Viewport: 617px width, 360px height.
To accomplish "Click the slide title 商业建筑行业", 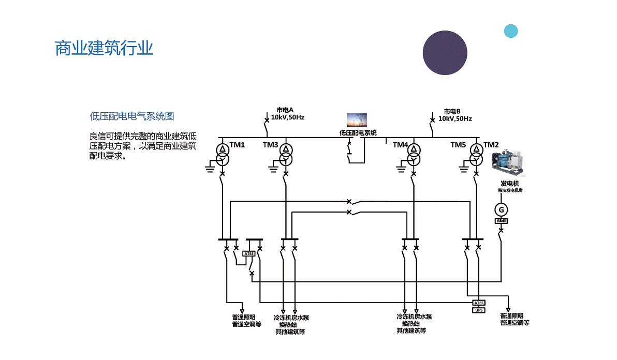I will point(105,48).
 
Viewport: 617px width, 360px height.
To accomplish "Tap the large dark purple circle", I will point(445,53).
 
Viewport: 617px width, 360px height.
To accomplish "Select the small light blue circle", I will point(511,31).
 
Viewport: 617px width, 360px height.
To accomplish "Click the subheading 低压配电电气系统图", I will point(132,116).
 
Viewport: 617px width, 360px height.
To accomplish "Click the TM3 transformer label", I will point(270,145).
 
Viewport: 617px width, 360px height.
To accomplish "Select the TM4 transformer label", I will point(400,145).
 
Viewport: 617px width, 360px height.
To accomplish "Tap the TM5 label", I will point(458,145).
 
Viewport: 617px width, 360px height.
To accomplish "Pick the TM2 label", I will point(491,145).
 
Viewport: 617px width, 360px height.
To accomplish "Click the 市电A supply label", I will point(285,110).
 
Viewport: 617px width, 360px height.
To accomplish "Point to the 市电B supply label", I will point(452,111).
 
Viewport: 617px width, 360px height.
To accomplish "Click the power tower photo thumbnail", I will point(357,121).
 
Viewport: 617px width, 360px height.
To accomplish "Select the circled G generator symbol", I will point(501,209).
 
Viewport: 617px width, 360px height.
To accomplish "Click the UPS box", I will point(479,310).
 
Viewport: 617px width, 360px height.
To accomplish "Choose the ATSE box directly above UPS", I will point(479,303).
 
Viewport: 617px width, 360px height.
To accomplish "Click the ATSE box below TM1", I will point(249,253).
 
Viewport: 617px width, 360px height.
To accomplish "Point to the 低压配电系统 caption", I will point(358,133).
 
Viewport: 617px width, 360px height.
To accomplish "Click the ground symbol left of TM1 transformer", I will point(210,166).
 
